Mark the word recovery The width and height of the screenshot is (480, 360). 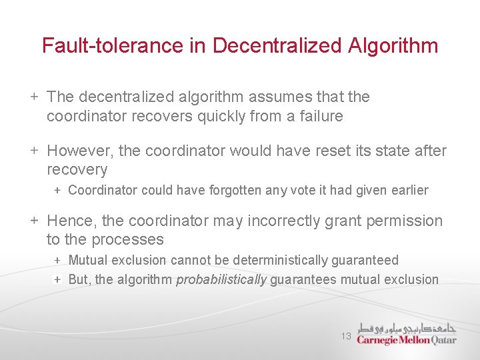coord(77,170)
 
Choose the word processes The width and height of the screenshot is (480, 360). coord(128,239)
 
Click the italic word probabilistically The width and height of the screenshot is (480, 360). coord(221,279)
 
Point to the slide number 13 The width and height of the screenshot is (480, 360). coord(346,337)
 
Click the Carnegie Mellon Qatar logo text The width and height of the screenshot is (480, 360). coord(407,339)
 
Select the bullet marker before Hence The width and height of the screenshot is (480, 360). coord(35,221)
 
